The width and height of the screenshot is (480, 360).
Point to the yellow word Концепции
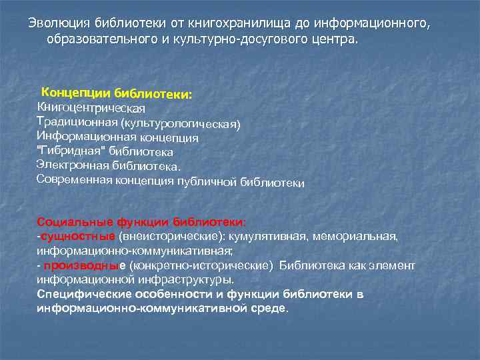click(76, 92)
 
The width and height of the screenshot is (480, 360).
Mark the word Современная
click(73, 179)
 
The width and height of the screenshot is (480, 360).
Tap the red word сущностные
click(77, 236)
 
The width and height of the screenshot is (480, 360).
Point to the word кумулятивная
click(283, 236)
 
